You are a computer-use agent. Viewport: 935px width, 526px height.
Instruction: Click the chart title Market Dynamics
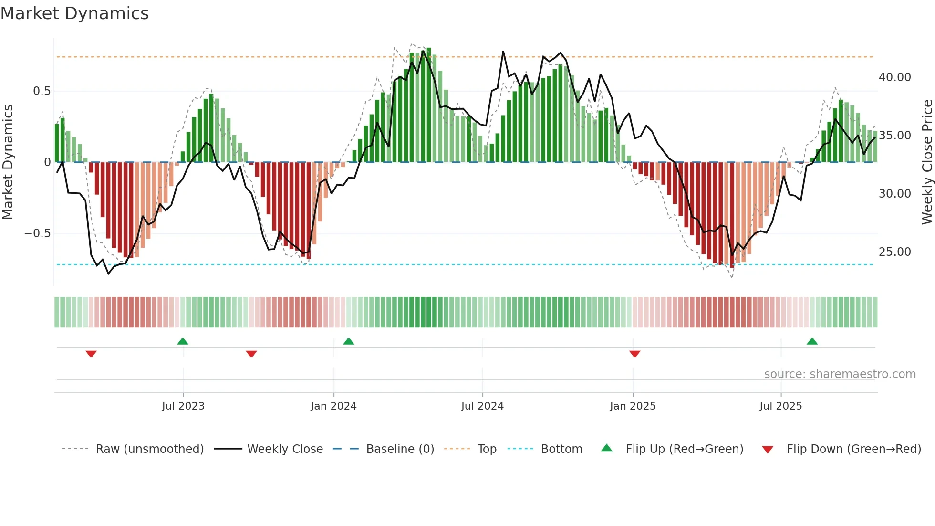click(74, 13)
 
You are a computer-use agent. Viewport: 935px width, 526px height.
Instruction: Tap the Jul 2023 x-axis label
click(183, 406)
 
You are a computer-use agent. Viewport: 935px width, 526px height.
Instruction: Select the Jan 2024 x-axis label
click(333, 406)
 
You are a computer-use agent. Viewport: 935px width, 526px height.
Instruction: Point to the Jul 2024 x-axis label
click(482, 406)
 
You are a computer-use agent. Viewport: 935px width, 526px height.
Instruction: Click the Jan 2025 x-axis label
click(633, 406)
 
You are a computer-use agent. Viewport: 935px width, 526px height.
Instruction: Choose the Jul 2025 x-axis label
click(780, 406)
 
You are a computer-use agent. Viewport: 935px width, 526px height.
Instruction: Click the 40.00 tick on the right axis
click(894, 77)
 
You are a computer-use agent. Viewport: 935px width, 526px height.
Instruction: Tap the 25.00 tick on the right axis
click(894, 252)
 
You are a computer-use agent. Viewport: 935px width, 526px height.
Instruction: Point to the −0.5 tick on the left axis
click(37, 233)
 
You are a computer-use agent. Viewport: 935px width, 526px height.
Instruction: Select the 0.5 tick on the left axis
click(42, 91)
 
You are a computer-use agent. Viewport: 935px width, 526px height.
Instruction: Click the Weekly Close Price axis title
click(927, 162)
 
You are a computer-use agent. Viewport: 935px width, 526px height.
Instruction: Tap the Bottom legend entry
click(561, 449)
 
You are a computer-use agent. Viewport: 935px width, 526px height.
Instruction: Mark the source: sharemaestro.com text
click(840, 374)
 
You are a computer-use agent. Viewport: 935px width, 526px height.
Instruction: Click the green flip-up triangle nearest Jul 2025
click(812, 341)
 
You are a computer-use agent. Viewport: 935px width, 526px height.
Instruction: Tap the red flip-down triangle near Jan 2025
click(634, 354)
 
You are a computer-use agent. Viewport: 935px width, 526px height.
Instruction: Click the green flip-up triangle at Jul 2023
click(183, 341)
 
